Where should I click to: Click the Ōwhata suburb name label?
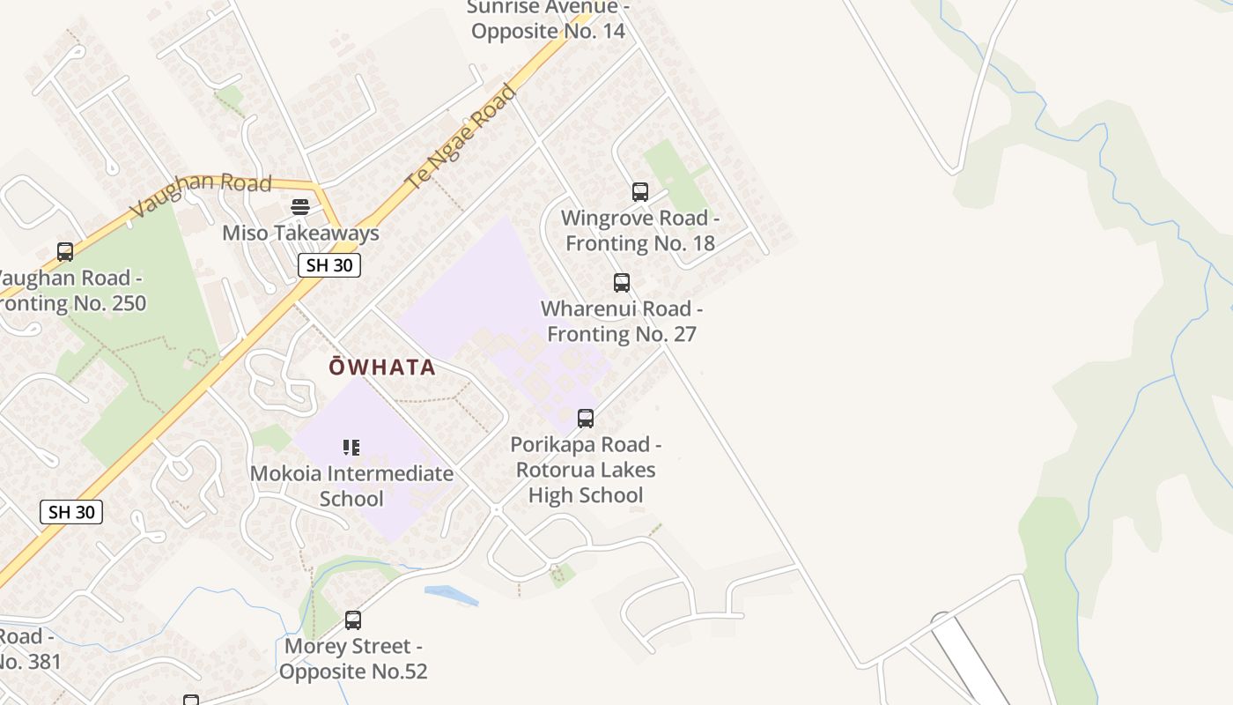pyautogui.click(x=382, y=367)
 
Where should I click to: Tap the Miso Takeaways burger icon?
pyautogui.click(x=300, y=208)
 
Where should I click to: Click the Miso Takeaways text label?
pyautogui.click(x=300, y=234)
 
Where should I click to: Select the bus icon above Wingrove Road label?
pyautogui.click(x=640, y=192)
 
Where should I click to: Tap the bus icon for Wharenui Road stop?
pyautogui.click(x=622, y=283)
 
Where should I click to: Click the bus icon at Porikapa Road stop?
pyautogui.click(x=586, y=419)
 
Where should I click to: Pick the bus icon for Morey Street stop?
pyautogui.click(x=353, y=620)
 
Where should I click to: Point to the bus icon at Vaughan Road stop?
pyautogui.click(x=65, y=252)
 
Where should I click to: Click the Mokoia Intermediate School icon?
pyautogui.click(x=351, y=448)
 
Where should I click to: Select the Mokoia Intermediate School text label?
pyautogui.click(x=351, y=486)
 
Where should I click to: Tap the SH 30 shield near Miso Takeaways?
pyautogui.click(x=329, y=264)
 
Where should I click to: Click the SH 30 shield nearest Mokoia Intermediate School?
pyautogui.click(x=71, y=512)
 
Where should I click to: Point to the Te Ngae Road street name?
pyautogui.click(x=461, y=137)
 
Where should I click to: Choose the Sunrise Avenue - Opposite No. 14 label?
pyautogui.click(x=548, y=19)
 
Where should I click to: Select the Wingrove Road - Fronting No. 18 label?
pyautogui.click(x=640, y=231)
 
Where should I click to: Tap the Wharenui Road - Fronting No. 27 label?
pyautogui.click(x=622, y=322)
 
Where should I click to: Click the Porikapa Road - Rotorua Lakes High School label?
pyautogui.click(x=586, y=470)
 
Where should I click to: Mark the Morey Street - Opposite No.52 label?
pyautogui.click(x=353, y=658)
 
